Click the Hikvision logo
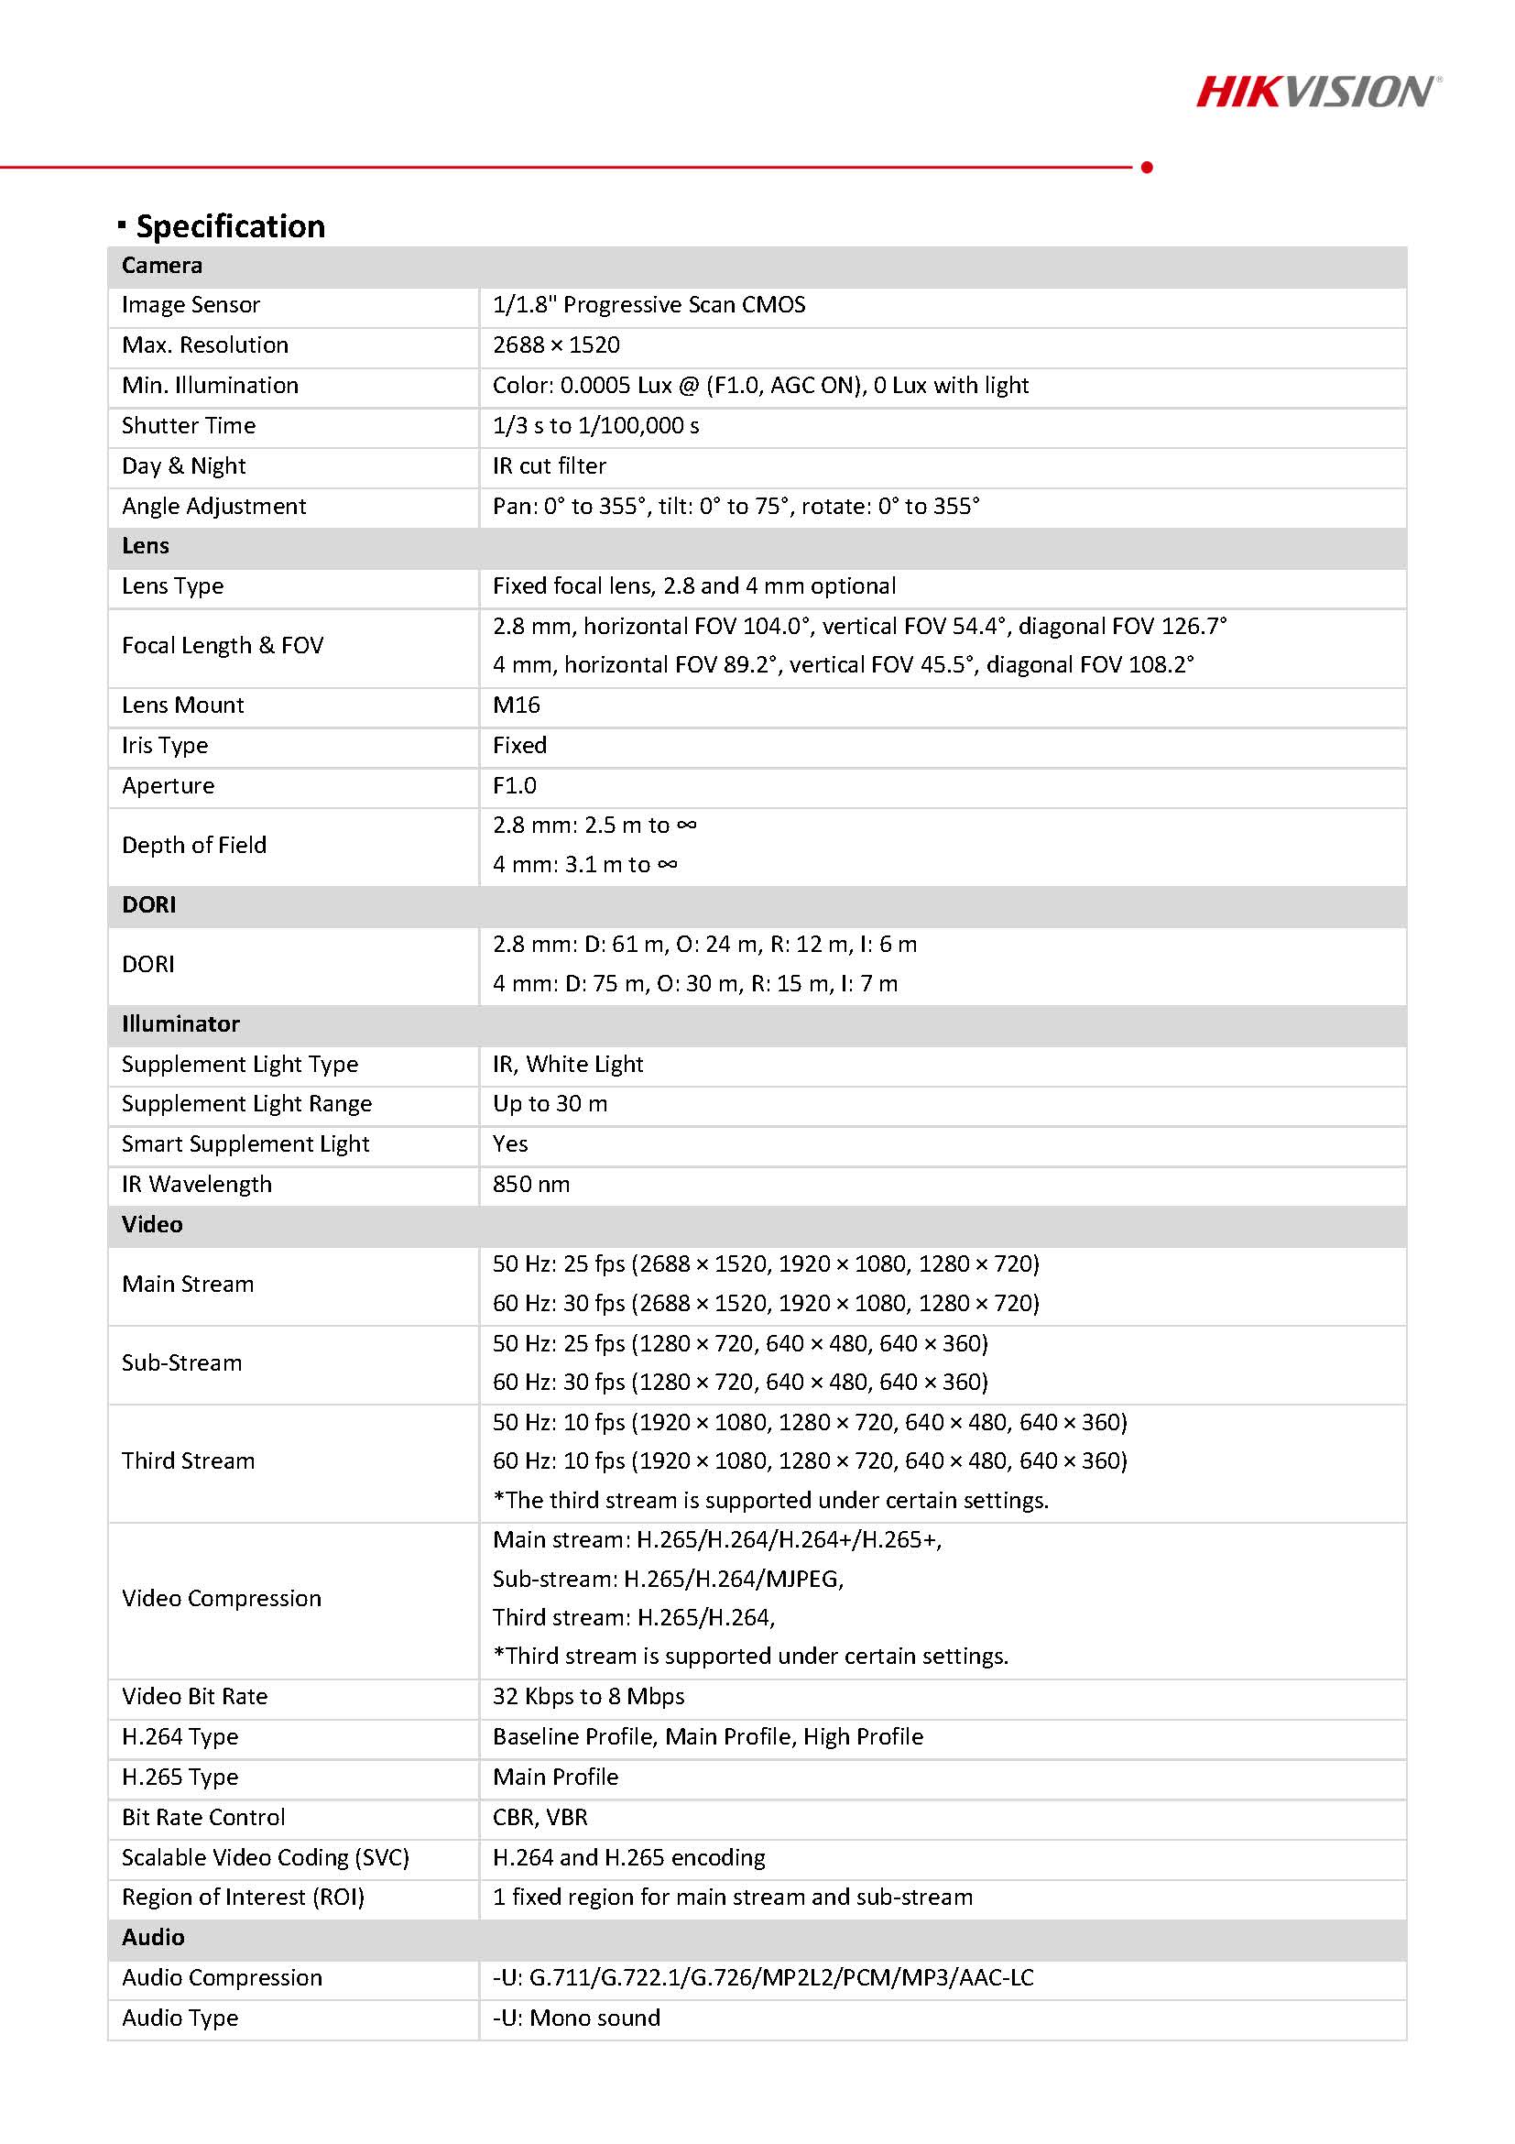click(1317, 92)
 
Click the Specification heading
click(230, 227)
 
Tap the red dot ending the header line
click(1146, 167)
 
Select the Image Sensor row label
click(191, 305)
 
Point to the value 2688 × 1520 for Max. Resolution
click(556, 345)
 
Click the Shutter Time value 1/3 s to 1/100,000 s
click(595, 426)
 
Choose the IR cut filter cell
click(549, 466)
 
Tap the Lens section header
click(146, 546)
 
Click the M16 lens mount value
click(517, 705)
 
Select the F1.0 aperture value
click(515, 785)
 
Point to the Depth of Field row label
click(194, 845)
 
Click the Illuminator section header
click(180, 1024)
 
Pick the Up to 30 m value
click(550, 1104)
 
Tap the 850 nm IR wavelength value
click(531, 1184)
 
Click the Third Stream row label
click(188, 1460)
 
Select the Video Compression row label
click(222, 1598)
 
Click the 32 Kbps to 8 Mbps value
click(588, 1697)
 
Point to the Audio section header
click(153, 1938)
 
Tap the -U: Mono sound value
click(576, 2018)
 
